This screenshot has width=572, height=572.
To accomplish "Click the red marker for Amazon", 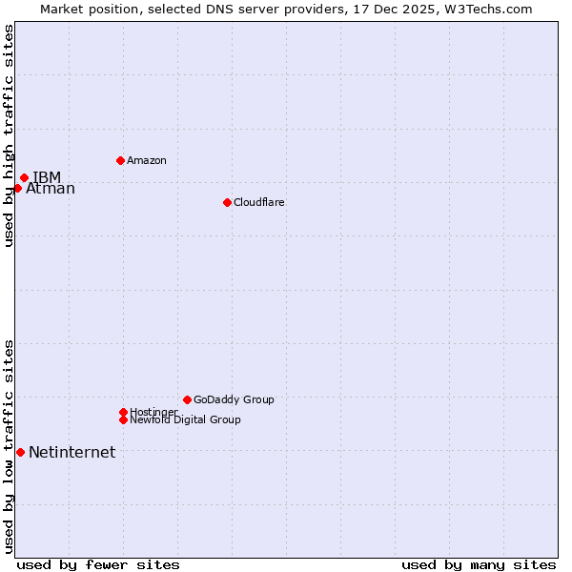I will (120, 160).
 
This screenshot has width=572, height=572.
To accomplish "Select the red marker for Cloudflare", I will (227, 202).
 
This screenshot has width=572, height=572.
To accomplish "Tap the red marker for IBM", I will (24, 177).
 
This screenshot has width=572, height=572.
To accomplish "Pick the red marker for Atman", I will (17, 188).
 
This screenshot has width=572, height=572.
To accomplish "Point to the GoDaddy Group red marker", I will (187, 399).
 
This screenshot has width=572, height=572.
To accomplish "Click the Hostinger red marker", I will (123, 412).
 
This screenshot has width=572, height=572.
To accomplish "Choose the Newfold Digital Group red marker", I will (123, 419).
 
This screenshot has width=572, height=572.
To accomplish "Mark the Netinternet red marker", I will (20, 452).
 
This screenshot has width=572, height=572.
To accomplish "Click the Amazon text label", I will (147, 160).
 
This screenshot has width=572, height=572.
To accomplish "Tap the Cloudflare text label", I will (259, 202).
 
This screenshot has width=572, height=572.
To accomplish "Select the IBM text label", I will (47, 177).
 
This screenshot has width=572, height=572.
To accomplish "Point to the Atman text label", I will (51, 189).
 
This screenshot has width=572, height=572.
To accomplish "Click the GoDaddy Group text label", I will (234, 399).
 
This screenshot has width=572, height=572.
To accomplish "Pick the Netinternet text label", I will (71, 452).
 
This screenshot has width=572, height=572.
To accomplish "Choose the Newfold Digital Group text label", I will (186, 419).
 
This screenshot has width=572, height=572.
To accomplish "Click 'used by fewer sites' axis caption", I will (98, 564).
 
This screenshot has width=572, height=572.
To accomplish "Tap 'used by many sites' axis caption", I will (479, 564).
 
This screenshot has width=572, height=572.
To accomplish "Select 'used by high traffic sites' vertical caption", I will (9, 135).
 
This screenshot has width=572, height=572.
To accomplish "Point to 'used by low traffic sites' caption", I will (9, 446).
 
